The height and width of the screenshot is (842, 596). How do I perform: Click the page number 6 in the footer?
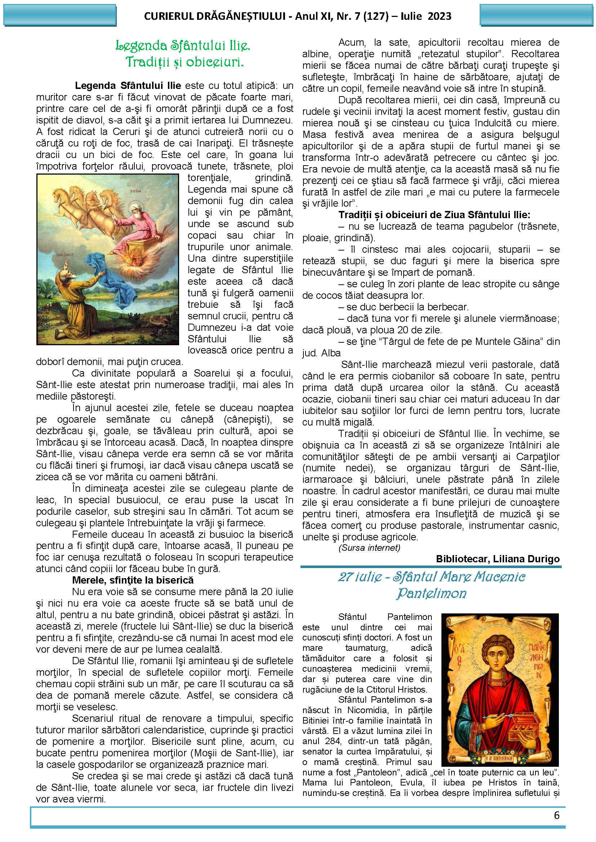tap(556, 815)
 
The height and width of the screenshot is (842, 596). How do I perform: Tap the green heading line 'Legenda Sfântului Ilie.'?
tap(183, 46)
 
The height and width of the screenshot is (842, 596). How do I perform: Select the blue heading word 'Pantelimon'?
tap(431, 593)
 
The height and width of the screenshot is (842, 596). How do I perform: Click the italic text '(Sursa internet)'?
tap(369, 548)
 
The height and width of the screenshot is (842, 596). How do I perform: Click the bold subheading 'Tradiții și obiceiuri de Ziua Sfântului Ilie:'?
tap(434, 215)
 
